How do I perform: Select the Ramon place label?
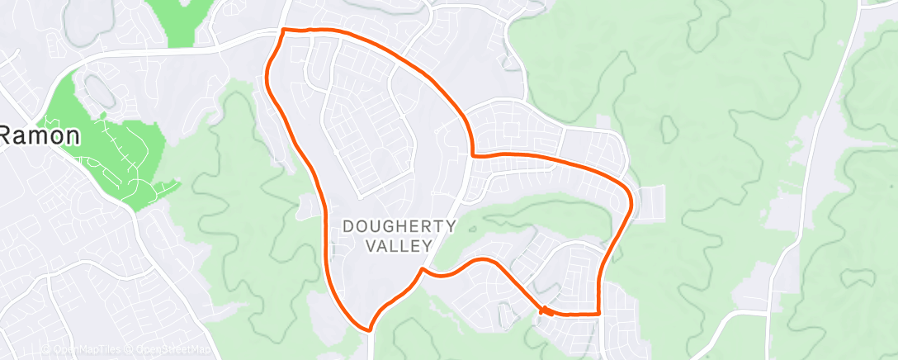39,135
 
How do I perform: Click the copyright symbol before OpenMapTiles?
46,349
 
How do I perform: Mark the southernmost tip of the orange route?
369,329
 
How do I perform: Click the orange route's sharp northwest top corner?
284,30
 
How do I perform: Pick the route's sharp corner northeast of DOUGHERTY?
471,154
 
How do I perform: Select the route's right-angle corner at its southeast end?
597,314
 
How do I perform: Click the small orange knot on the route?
545,310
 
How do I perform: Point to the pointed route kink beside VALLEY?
423,268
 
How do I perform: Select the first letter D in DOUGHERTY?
347,225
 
